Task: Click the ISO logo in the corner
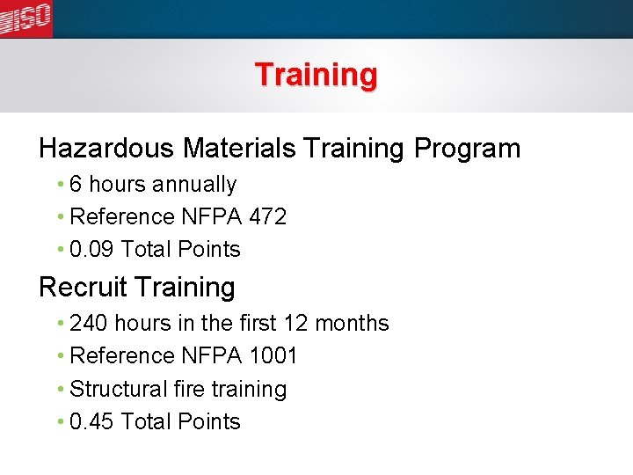point(25,18)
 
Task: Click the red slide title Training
point(316,75)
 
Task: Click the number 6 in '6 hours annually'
point(76,185)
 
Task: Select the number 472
point(267,216)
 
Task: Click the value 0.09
point(92,249)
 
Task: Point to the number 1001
point(273,355)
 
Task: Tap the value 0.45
point(92,421)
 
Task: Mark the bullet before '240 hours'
point(59,324)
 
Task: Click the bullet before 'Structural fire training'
point(59,389)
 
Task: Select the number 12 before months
point(296,323)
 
